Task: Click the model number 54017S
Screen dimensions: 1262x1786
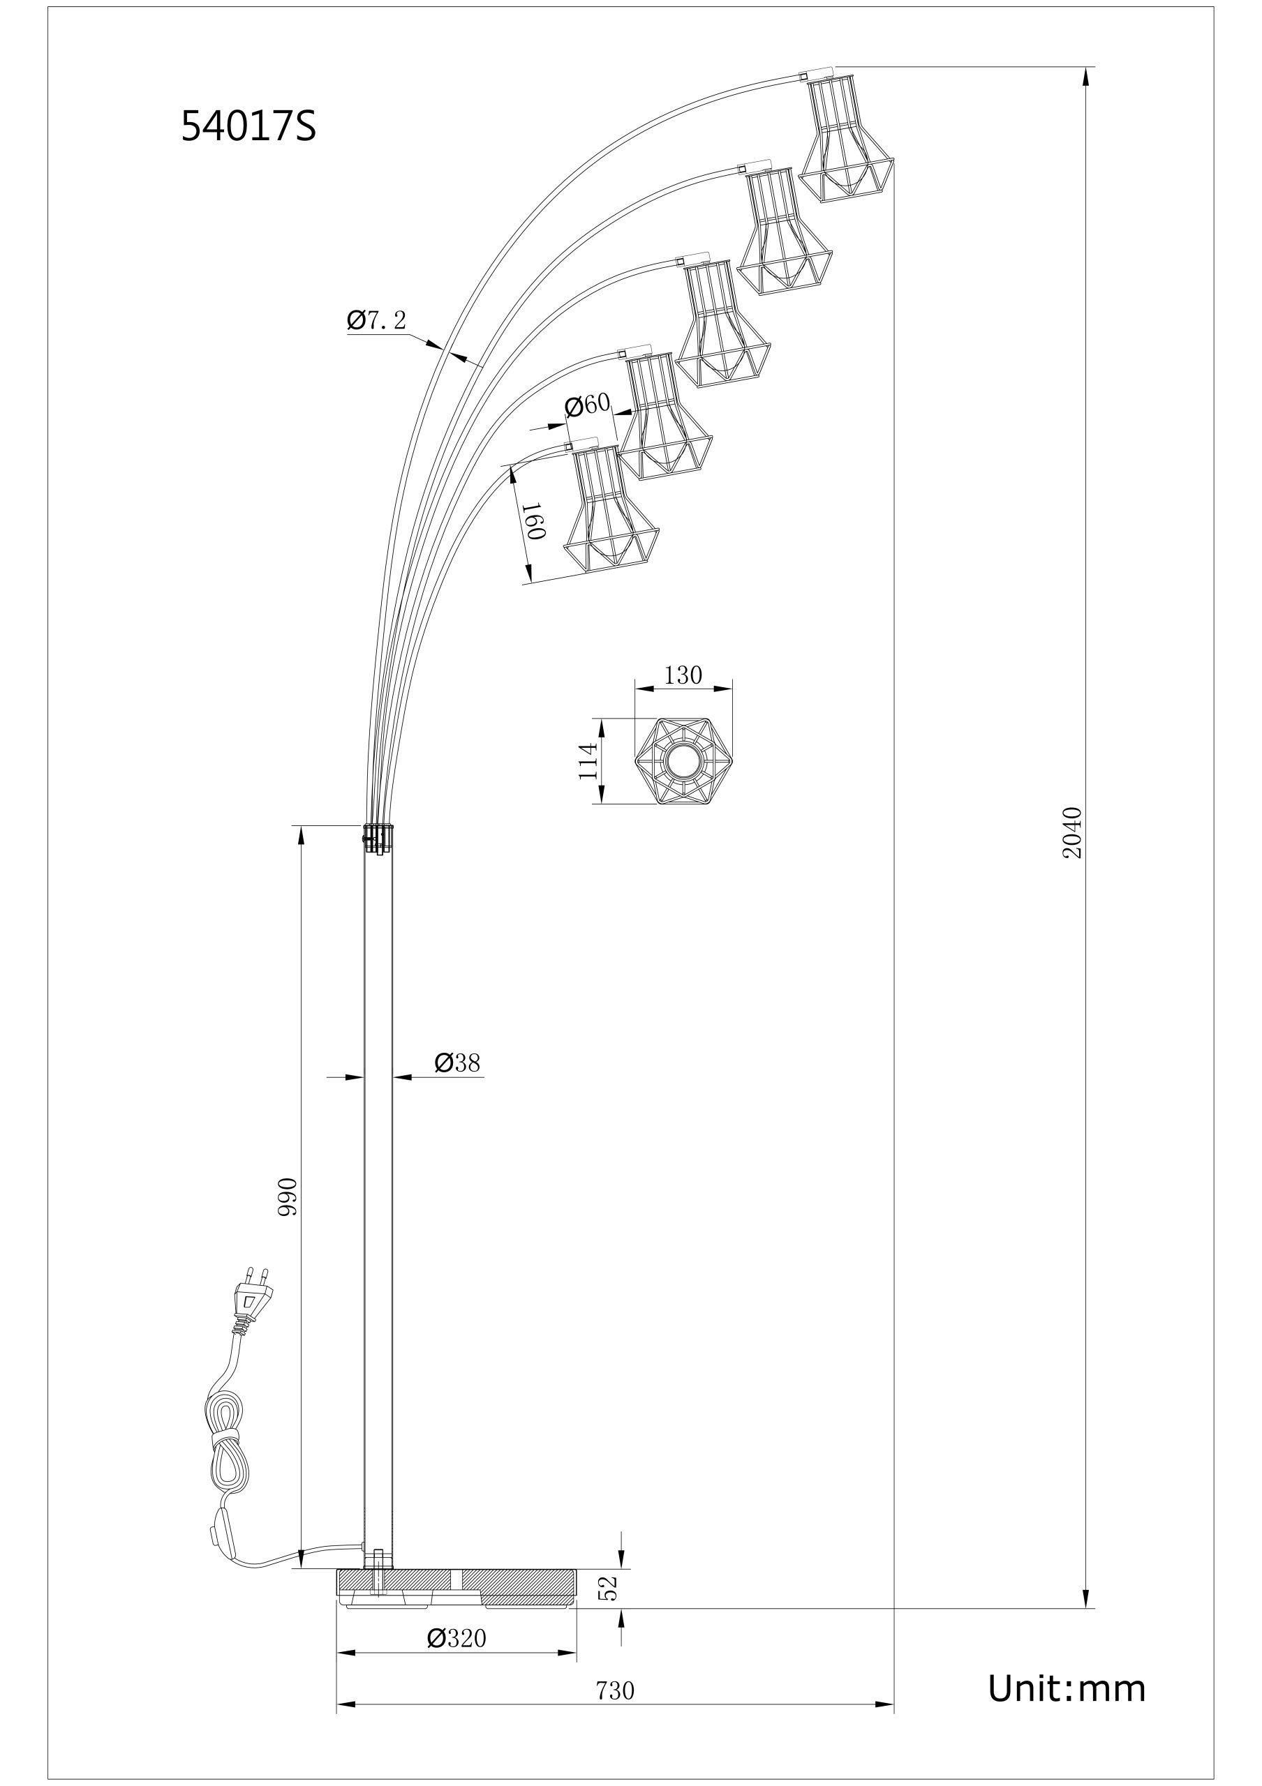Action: (x=248, y=126)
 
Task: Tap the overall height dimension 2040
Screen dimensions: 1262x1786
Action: (x=1072, y=833)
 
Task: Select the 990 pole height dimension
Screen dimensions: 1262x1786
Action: (x=288, y=1196)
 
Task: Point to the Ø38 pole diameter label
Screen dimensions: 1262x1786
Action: (x=456, y=1062)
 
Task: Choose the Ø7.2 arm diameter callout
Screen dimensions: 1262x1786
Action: (x=377, y=320)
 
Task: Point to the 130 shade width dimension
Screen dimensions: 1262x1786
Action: (x=683, y=675)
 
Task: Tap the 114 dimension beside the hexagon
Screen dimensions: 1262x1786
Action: (x=588, y=760)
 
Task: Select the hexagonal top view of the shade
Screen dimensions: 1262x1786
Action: (x=684, y=760)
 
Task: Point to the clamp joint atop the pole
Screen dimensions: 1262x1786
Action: (x=378, y=839)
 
